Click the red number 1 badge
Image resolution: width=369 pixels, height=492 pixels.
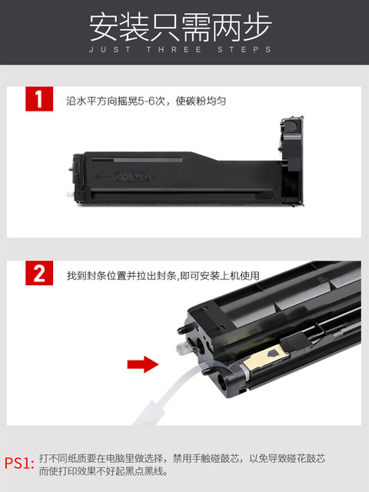(39, 99)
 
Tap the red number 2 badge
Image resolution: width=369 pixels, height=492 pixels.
(39, 273)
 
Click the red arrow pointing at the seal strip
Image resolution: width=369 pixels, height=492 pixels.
(143, 364)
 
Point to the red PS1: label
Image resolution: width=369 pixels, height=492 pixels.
(19, 463)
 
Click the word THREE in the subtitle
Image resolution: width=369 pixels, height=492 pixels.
(174, 49)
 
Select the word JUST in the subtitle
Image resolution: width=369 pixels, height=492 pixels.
(110, 49)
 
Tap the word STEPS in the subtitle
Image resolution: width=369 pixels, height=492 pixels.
(244, 49)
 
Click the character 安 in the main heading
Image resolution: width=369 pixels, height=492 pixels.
(104, 27)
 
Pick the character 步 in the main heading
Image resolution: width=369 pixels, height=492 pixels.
(257, 27)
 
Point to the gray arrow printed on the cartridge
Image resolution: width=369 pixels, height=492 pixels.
(101, 177)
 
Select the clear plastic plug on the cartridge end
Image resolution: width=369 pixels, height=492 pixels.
(182, 348)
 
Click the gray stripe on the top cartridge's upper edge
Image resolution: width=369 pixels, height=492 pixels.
(148, 160)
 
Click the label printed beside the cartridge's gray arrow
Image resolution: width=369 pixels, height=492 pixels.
(133, 177)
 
